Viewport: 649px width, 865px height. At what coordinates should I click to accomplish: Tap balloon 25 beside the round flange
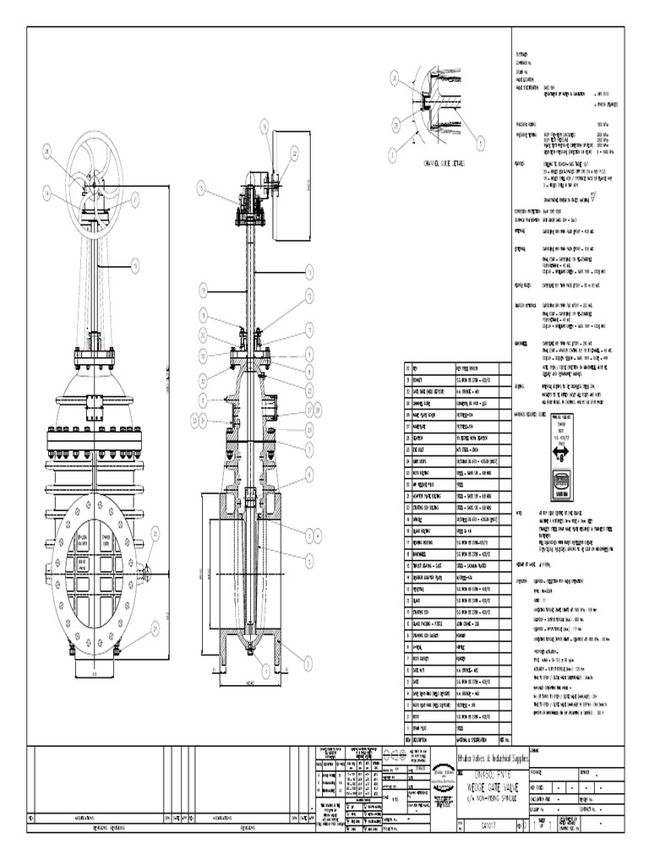point(155,531)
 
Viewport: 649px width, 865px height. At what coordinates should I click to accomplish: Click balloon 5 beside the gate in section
point(310,558)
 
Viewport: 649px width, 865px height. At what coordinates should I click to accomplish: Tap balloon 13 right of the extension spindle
point(310,271)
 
